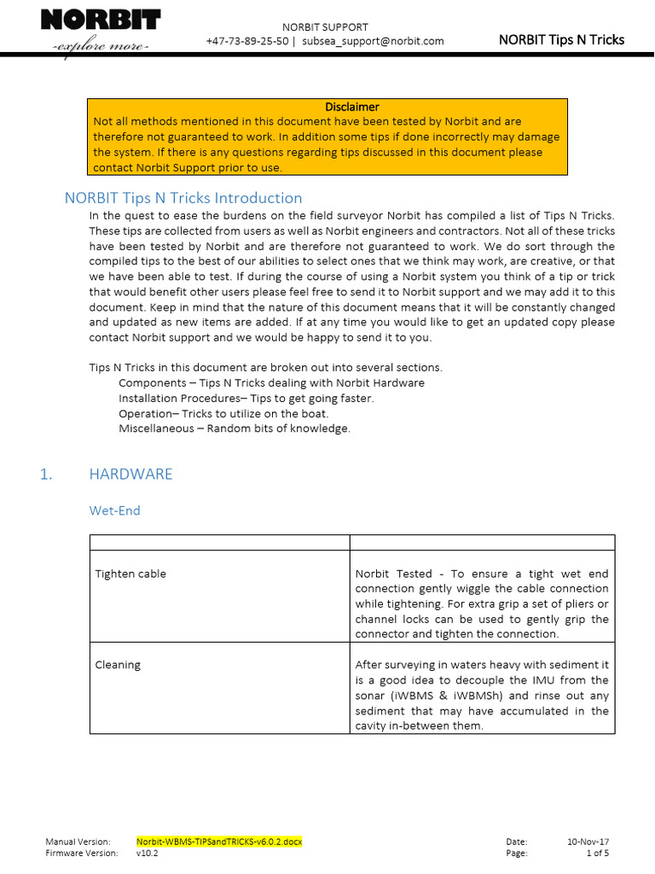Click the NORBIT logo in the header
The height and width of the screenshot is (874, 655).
click(x=101, y=28)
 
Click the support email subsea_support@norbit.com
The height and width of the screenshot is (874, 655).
click(x=374, y=41)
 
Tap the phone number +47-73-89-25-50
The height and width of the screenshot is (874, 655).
click(x=246, y=41)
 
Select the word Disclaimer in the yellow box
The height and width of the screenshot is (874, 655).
click(x=351, y=107)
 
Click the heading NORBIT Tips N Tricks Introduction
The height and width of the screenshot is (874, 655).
click(x=183, y=198)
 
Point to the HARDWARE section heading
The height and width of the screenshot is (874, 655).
click(x=130, y=475)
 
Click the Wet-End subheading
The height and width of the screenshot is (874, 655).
click(x=115, y=511)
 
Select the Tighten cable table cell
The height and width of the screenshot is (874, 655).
click(x=130, y=574)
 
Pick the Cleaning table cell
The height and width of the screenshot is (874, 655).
click(x=118, y=665)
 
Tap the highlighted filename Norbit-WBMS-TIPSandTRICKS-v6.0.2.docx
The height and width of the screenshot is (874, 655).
click(x=219, y=842)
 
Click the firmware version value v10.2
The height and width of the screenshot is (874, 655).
click(x=147, y=853)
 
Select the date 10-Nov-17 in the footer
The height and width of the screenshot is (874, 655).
click(x=588, y=842)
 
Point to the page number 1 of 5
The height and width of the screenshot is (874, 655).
click(x=597, y=853)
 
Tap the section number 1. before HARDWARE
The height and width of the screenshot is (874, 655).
click(x=47, y=475)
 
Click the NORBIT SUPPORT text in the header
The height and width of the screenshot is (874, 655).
click(x=324, y=26)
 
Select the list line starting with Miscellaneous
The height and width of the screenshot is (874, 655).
click(x=235, y=428)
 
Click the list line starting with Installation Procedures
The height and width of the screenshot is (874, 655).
click(x=246, y=399)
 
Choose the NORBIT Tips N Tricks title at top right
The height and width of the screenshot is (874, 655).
click(x=560, y=40)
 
